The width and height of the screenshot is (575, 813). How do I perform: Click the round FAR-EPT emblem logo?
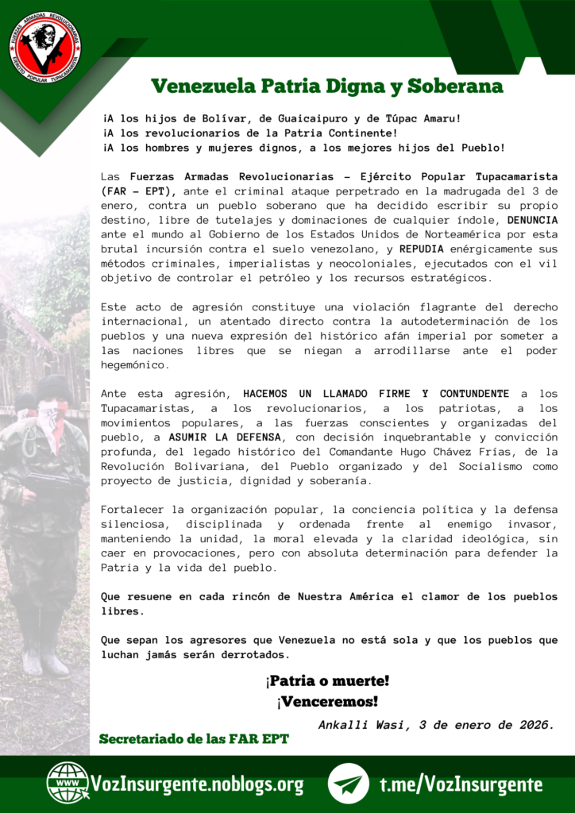click(45, 47)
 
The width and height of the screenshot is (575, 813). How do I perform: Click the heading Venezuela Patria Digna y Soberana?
click(327, 85)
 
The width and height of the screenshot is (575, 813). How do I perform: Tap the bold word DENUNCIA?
click(532, 219)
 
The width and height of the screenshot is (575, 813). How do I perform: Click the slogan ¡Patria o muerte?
click(327, 681)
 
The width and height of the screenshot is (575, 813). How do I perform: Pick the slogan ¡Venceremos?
click(327, 702)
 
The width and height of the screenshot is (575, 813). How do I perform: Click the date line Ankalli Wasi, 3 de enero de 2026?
click(436, 724)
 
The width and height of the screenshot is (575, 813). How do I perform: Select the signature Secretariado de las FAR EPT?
click(194, 739)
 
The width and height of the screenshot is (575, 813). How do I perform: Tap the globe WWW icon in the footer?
click(67, 784)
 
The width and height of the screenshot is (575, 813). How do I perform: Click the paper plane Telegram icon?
click(348, 784)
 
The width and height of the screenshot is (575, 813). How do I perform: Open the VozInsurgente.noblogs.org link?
click(199, 785)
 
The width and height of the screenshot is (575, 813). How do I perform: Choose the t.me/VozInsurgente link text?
click(461, 785)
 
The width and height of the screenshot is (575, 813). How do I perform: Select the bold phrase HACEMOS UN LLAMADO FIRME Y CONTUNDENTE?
click(376, 394)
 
